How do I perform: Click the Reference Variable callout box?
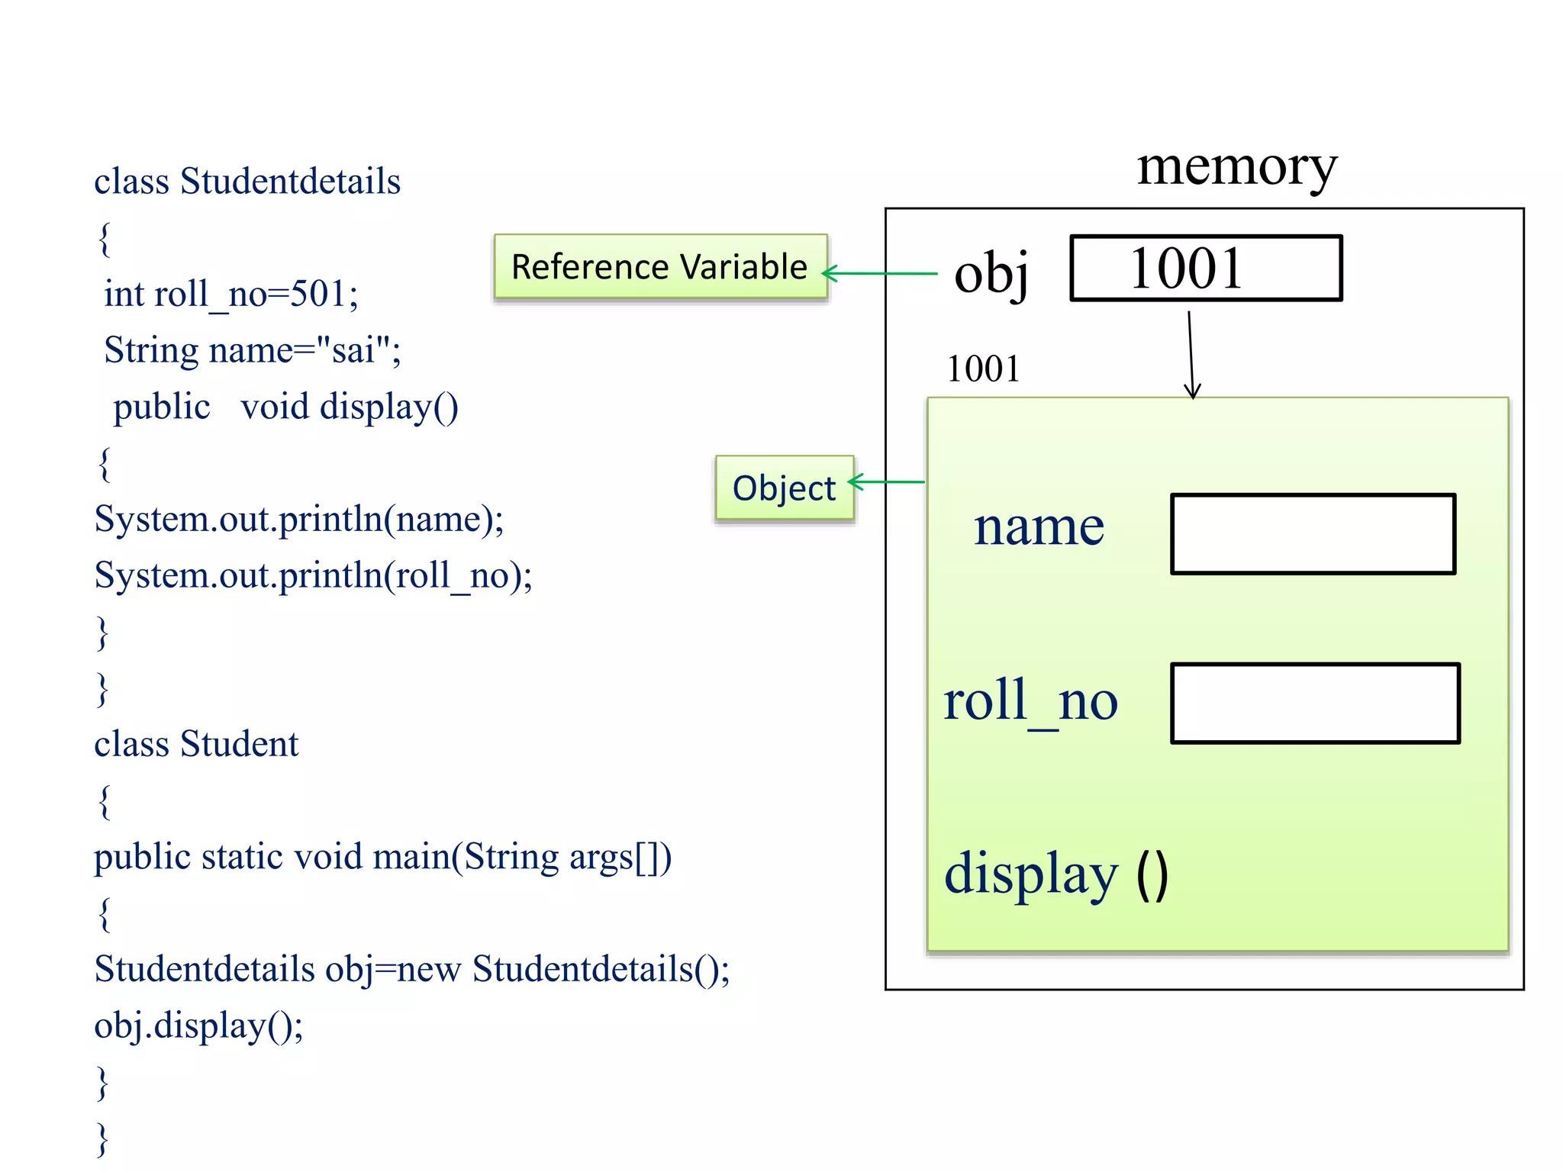pos(660,266)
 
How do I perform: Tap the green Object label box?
pos(785,488)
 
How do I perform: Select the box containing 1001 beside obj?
pos(1206,269)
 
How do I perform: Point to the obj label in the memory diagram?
pos(991,273)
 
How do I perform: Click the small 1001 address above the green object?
pos(983,369)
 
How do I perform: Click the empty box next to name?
pos(1313,534)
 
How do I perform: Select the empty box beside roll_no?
pos(1315,704)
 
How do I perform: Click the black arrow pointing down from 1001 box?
pos(1191,355)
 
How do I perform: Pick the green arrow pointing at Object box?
pos(887,482)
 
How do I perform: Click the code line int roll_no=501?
pos(230,294)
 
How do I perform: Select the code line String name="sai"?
pos(252,350)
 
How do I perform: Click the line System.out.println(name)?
pos(298,519)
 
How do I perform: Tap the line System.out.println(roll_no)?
pos(313,575)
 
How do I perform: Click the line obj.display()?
pos(198,1025)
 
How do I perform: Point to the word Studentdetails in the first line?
pos(290,182)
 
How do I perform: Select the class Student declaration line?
pos(196,744)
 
